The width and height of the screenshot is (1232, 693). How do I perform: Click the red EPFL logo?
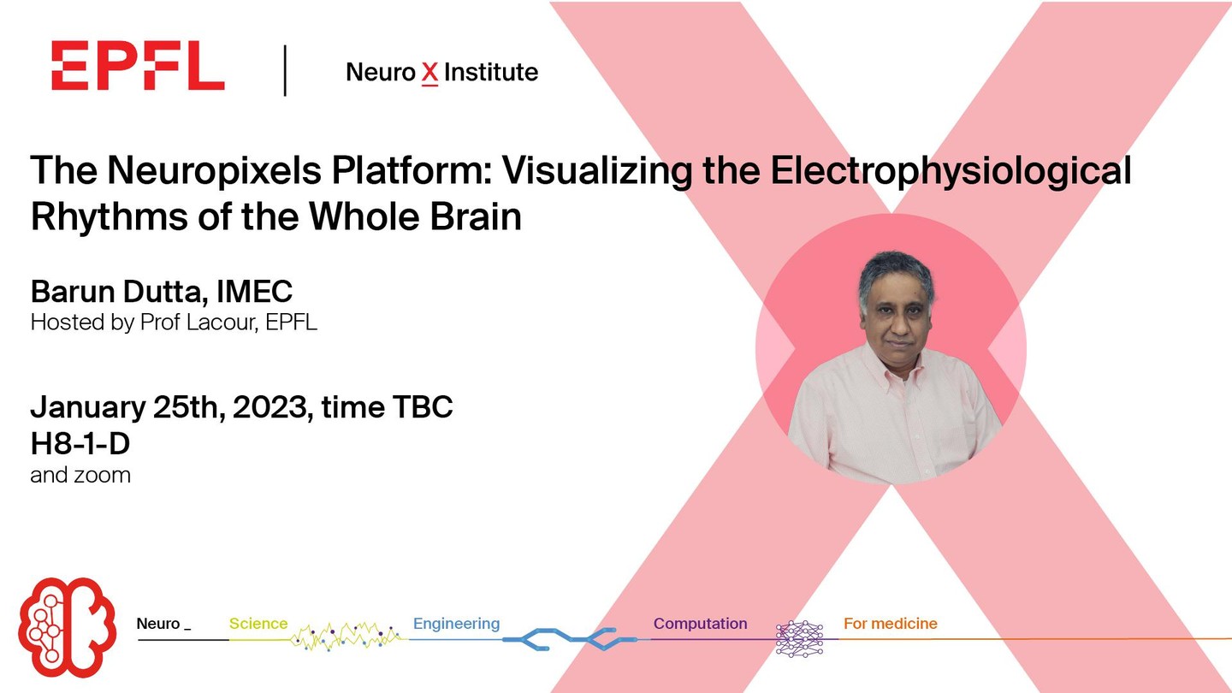tap(138, 65)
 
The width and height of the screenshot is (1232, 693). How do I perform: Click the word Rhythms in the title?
tap(110, 217)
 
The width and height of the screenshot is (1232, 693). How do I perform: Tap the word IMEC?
tap(255, 292)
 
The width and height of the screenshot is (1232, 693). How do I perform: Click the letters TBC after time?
tap(423, 407)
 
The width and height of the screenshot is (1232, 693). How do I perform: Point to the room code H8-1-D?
tap(80, 444)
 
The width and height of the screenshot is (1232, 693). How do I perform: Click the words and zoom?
tap(80, 475)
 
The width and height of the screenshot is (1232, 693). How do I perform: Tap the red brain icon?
tap(67, 626)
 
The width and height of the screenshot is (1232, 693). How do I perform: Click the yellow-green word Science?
tap(258, 624)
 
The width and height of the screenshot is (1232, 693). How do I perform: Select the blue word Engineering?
tap(457, 625)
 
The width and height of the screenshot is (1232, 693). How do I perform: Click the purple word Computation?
tap(700, 624)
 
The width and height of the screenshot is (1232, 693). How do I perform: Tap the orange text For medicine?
tap(891, 624)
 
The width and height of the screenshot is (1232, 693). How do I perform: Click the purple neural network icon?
tap(800, 638)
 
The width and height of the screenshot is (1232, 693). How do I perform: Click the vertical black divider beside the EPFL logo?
tap(285, 70)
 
